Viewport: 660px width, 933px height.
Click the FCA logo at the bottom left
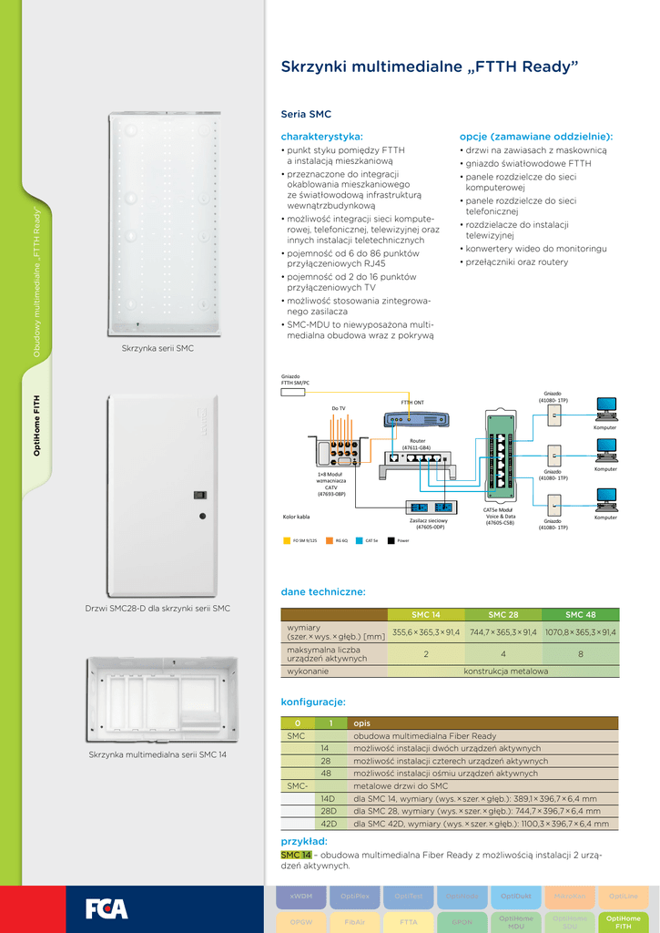[107, 908]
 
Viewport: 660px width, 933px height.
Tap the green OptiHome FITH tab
[624, 922]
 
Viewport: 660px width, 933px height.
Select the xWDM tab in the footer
[301, 897]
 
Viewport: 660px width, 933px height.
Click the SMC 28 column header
[503, 614]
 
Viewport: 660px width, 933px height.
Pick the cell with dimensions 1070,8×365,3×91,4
[580, 631]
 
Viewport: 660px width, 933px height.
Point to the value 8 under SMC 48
[580, 653]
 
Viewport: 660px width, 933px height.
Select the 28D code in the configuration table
[329, 811]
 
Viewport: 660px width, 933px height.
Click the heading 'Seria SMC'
[306, 115]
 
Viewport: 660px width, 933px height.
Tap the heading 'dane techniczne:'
[323, 592]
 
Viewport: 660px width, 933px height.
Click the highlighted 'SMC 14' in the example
[296, 855]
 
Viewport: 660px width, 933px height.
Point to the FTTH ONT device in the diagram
[416, 420]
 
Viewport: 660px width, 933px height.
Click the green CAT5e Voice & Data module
[500, 456]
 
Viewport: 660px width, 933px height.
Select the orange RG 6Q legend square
[330, 540]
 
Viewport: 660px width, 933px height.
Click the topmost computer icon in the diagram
[605, 406]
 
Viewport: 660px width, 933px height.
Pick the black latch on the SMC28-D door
[199, 495]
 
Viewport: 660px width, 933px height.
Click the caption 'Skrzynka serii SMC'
[157, 349]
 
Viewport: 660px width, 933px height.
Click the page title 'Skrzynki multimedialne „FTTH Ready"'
[429, 67]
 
